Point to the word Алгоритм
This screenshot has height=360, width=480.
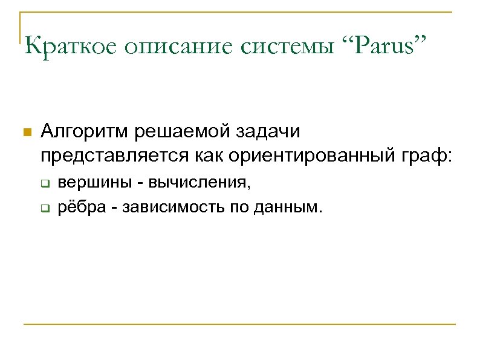(85, 131)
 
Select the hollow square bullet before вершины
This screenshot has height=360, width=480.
(44, 184)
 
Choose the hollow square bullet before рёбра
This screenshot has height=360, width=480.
(44, 210)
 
